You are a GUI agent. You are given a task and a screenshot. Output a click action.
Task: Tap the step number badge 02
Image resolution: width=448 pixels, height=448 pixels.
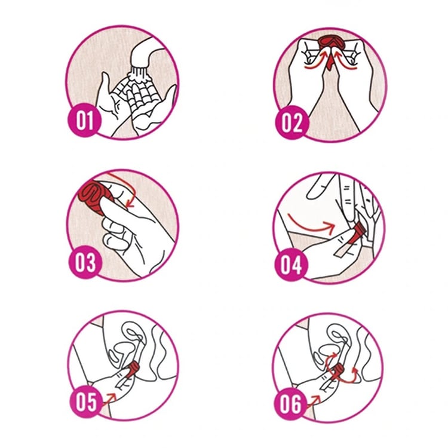291,122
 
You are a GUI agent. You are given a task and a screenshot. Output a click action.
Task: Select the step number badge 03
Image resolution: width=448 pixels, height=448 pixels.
85,262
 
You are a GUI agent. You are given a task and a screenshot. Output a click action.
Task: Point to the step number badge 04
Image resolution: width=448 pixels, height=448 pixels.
291,265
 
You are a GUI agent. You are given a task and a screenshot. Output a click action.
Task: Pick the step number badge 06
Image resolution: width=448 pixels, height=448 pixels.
291,404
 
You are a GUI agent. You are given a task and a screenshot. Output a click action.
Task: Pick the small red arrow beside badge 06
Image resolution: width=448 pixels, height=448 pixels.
314,401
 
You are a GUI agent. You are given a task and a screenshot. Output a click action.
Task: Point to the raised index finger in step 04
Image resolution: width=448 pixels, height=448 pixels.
320,187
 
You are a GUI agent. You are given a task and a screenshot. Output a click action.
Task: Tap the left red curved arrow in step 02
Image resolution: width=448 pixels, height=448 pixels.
315,62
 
